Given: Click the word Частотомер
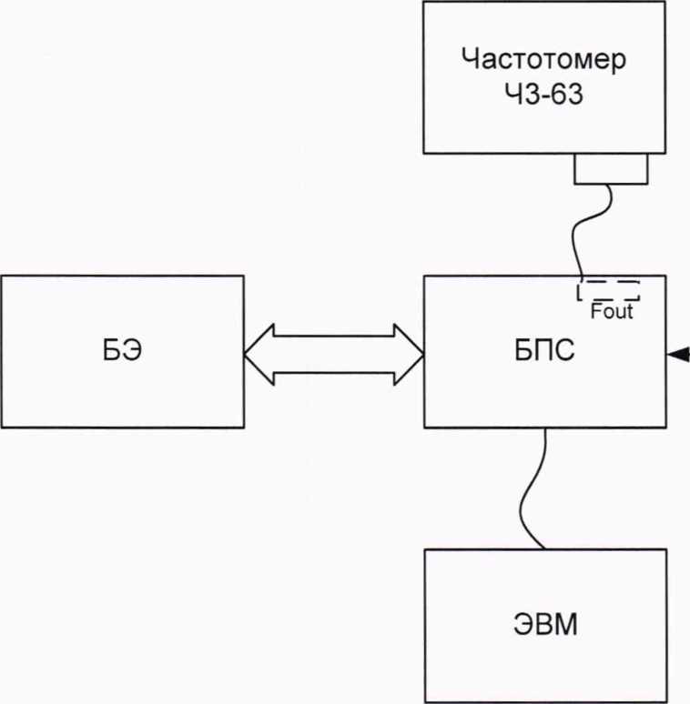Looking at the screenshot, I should click(x=544, y=60).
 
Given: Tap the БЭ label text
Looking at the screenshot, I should click(x=122, y=351).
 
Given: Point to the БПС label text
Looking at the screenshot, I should click(x=544, y=351).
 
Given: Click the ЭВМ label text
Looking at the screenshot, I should click(x=544, y=626).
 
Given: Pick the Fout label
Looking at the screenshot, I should click(x=612, y=312).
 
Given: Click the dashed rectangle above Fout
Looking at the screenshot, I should click(x=608, y=291).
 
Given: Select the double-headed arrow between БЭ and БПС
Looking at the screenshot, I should click(x=334, y=352).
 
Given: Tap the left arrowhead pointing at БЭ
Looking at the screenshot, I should click(x=257, y=352).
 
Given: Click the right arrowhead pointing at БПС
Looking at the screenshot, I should click(x=411, y=352).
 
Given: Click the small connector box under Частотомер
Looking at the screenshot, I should click(x=610, y=168).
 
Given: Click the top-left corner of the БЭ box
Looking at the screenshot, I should click(x=2, y=277).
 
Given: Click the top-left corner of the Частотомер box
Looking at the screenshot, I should click(x=424, y=3).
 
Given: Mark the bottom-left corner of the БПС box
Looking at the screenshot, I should click(x=424, y=427).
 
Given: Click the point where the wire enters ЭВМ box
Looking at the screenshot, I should click(x=543, y=548).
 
